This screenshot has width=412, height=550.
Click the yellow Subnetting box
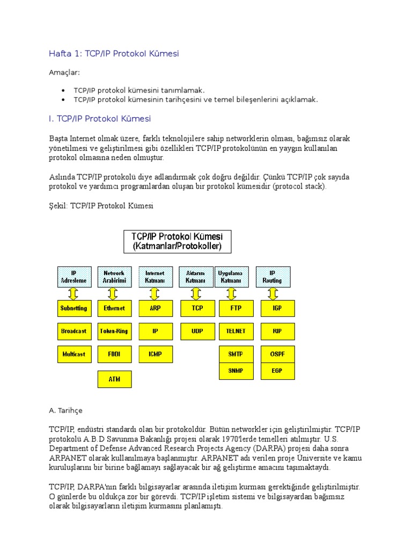73,308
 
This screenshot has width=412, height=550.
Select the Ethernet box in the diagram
114,308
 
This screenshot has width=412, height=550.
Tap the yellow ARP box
155,308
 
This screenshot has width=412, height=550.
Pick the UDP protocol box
196,331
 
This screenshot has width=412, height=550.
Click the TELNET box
236,331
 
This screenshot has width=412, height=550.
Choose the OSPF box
277,354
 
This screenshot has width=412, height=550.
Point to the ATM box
114,379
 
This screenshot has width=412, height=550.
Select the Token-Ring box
114,331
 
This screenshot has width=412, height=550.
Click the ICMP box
155,354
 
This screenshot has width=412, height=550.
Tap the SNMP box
236,371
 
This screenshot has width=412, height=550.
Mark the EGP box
277,371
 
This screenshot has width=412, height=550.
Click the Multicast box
73,354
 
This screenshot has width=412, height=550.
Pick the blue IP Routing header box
273,277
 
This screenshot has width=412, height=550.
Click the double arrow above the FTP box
232,294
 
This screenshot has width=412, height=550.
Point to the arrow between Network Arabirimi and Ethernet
113,294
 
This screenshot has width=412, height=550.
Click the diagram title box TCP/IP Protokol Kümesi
178,242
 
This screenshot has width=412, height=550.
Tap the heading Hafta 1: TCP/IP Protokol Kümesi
114,53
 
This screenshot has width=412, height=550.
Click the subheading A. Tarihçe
65,411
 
